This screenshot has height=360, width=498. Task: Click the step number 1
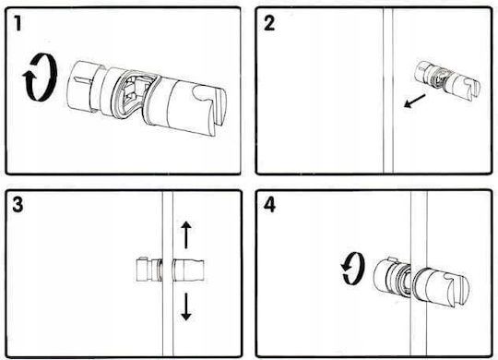pos(18,23)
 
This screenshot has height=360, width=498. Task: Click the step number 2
pos(269,23)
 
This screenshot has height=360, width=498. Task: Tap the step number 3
pos(18,204)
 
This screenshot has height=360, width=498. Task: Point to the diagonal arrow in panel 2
pos(414,101)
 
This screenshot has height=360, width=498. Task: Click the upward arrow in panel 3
pos(185,234)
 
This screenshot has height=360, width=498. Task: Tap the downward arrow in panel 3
pos(185,306)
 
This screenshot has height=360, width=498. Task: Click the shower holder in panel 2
pos(448,78)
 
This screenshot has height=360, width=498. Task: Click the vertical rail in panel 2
pos(387,91)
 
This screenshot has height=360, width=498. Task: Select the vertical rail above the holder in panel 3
pos(168,225)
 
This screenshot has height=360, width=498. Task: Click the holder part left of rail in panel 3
pos(149,270)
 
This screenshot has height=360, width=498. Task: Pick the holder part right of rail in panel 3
pos(188,270)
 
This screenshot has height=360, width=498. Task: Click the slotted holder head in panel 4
pos(442,288)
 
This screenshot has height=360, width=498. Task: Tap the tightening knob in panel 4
pos(391,276)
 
